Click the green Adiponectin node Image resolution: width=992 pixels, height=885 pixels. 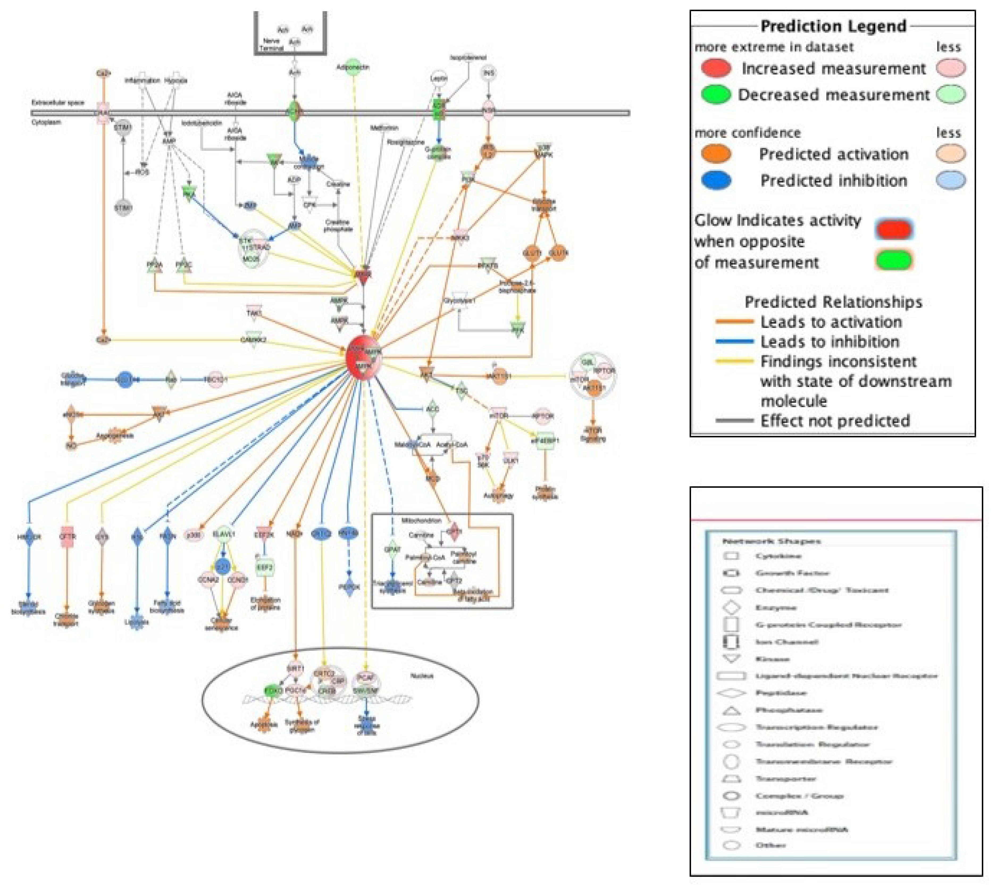[354, 67]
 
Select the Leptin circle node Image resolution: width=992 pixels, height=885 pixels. [439, 78]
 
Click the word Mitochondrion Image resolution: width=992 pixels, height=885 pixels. [421, 520]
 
